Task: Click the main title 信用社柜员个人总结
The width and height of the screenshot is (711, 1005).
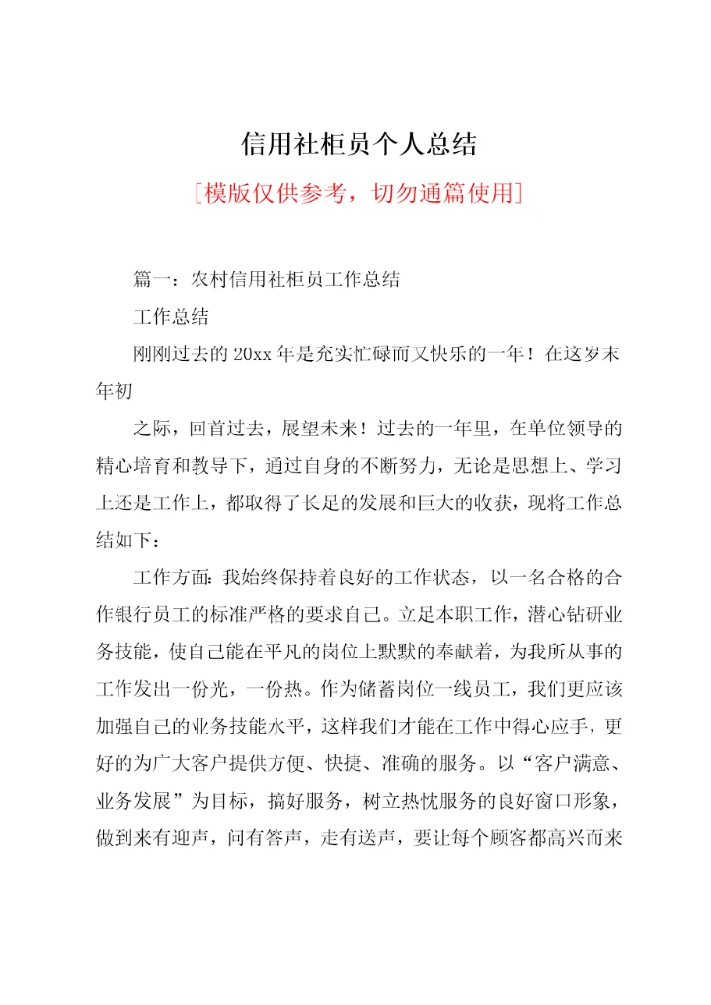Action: [358, 145]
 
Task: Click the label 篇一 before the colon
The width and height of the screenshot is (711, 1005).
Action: [151, 279]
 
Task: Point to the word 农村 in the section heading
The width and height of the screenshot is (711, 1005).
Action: [204, 279]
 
